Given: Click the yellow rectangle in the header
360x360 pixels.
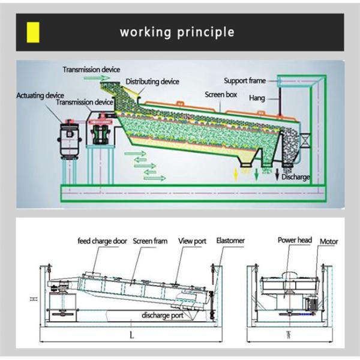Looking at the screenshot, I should (34, 31).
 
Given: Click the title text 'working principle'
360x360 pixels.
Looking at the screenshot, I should (177, 31).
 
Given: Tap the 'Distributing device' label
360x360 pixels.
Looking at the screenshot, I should (152, 82).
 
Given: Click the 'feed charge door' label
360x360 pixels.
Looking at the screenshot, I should (103, 241).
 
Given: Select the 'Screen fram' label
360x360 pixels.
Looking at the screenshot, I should (150, 241).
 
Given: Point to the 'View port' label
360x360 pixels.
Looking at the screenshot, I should (192, 241).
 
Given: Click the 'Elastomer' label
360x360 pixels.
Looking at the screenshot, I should (230, 241).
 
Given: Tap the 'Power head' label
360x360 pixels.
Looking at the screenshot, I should (295, 240).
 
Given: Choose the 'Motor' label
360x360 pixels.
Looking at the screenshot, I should (329, 242).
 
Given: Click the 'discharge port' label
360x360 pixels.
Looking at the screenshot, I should (163, 315).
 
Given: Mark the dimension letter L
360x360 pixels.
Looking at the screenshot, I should (131, 335).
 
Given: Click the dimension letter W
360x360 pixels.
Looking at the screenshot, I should (289, 335).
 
